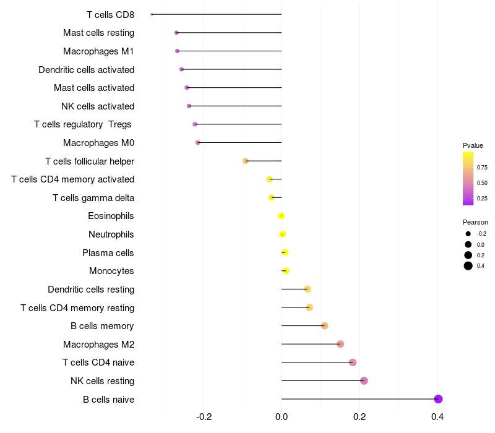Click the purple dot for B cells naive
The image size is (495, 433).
pyautogui.click(x=438, y=399)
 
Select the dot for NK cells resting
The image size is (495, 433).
pyautogui.click(x=364, y=380)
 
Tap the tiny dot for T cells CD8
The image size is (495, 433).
pyautogui.click(x=152, y=14)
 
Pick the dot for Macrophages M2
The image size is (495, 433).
pyautogui.click(x=340, y=344)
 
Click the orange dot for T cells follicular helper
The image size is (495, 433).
pyautogui.click(x=246, y=161)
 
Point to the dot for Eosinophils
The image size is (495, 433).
pyautogui.click(x=282, y=216)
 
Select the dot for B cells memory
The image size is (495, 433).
pyautogui.click(x=324, y=326)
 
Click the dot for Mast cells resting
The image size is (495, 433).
pyautogui.click(x=176, y=32)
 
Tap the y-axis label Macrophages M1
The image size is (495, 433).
pyautogui.click(x=98, y=51)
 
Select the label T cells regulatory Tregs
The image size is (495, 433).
pyautogui.click(x=84, y=124)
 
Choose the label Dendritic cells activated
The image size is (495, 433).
pyautogui.click(x=86, y=69)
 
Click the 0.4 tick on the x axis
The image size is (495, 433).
pyautogui.click(x=437, y=416)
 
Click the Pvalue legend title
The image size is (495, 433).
pyautogui.click(x=473, y=145)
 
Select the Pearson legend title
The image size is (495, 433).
pyautogui.click(x=475, y=222)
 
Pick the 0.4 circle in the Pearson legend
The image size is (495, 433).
pyautogui.click(x=468, y=266)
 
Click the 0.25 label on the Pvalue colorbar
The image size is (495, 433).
pyautogui.click(x=482, y=198)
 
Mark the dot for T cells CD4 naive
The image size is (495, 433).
pyautogui.click(x=353, y=362)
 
